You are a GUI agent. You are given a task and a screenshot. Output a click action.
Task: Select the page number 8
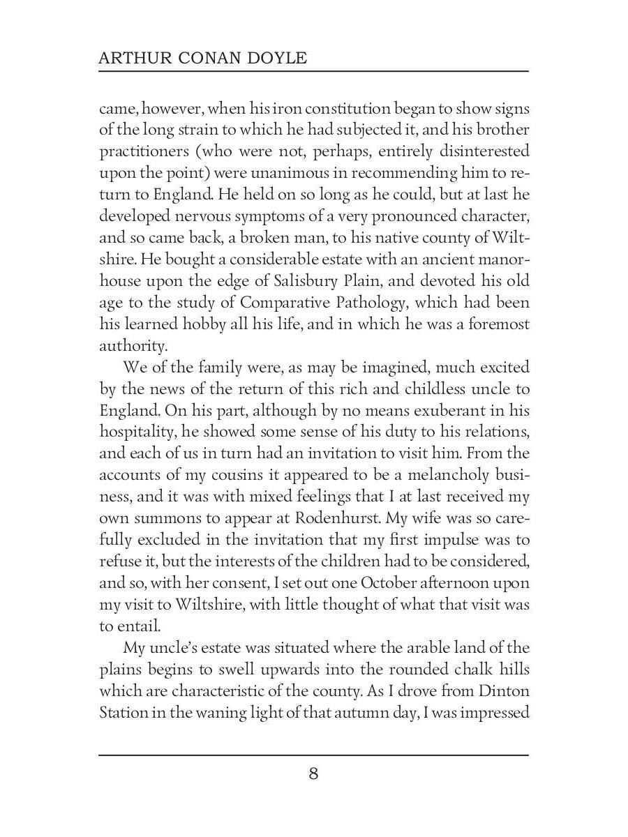pyautogui.click(x=313, y=774)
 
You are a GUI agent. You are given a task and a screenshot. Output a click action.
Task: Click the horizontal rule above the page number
pyautogui.click(x=313, y=755)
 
